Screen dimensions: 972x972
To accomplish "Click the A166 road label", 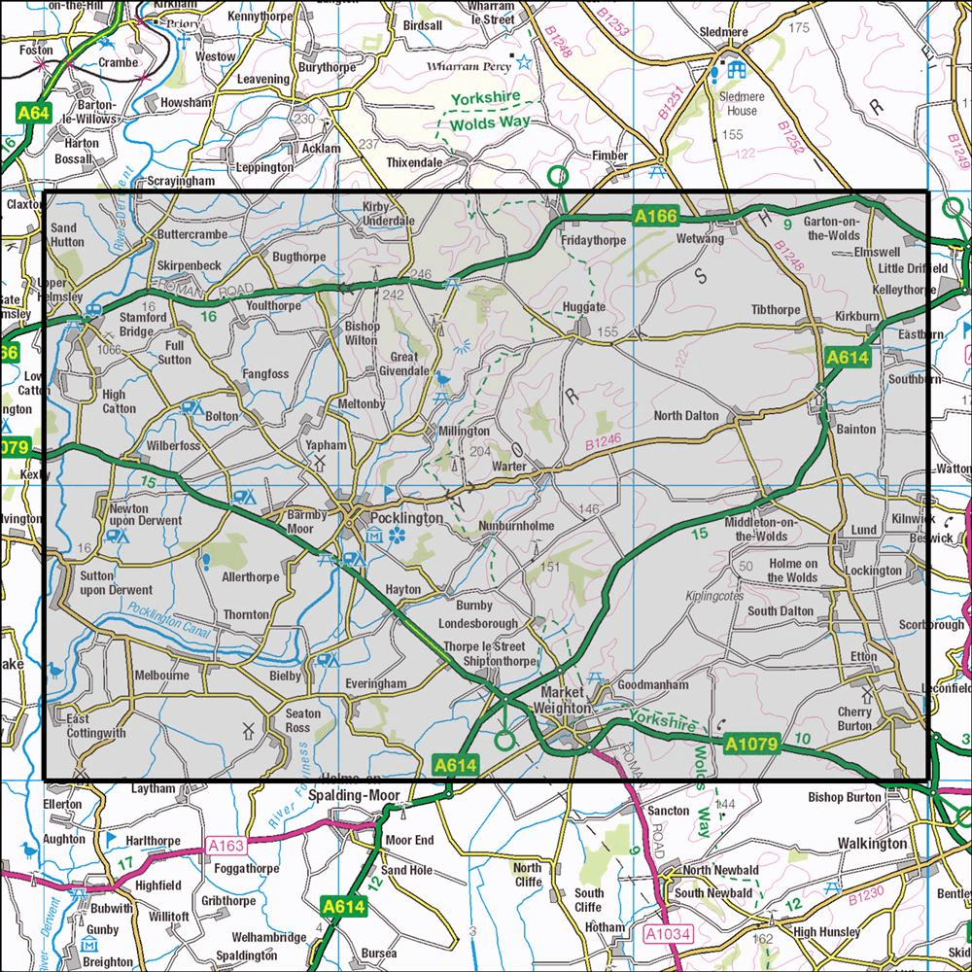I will point(653,218).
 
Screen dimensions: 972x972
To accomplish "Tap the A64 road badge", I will point(34,115).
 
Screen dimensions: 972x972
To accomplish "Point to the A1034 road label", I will point(666,934).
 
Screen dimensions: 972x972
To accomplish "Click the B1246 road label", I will point(603,443).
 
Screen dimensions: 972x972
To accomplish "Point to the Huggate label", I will point(584,307).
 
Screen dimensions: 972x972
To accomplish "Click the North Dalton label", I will point(686,416).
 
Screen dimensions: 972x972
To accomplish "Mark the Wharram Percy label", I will point(469,67).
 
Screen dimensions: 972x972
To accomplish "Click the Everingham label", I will point(376,684).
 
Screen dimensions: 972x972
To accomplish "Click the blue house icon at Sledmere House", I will point(736,70).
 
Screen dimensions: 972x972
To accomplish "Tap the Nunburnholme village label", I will point(516,526).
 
